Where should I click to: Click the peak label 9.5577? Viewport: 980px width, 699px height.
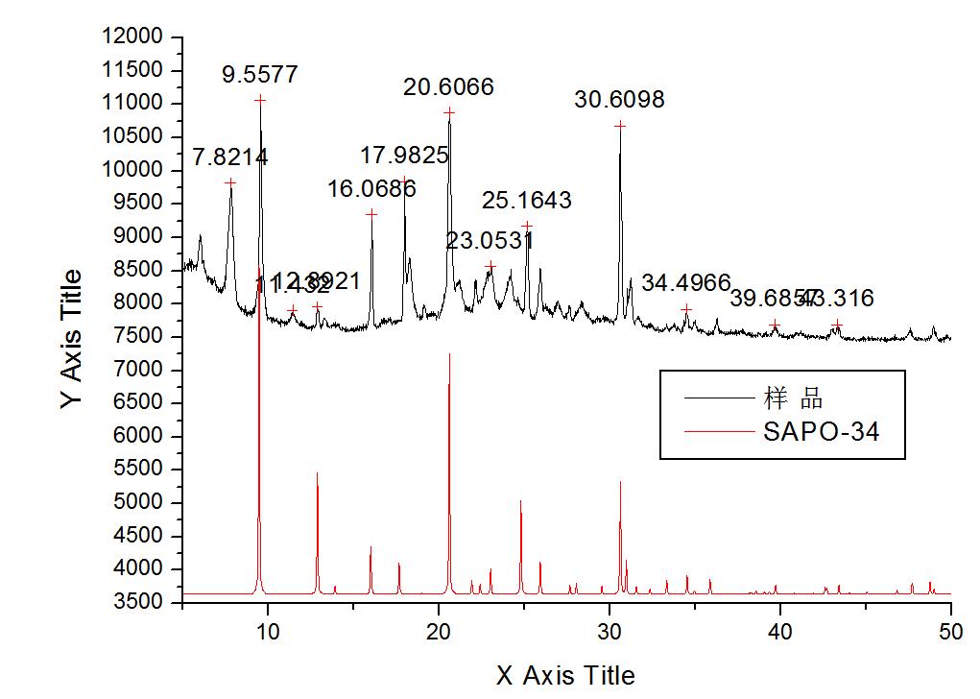coord(260,75)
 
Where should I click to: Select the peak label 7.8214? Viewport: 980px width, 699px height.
coord(230,157)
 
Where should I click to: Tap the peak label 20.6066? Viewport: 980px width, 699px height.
coord(448,87)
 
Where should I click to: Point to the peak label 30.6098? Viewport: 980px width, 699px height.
coord(619,100)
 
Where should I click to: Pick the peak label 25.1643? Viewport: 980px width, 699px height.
coord(527,201)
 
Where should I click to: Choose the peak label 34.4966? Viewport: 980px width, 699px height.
coord(685,282)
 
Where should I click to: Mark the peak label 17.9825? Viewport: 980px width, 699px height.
coord(405,156)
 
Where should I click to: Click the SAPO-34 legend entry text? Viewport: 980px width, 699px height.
coord(822,431)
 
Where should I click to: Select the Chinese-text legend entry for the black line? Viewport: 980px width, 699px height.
coord(794,397)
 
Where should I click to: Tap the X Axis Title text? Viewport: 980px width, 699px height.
coord(565,676)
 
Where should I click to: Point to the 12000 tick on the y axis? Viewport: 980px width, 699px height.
coord(135,36)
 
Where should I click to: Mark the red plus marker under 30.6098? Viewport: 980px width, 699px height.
coord(620,126)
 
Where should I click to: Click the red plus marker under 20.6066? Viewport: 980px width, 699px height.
coord(449,112)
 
